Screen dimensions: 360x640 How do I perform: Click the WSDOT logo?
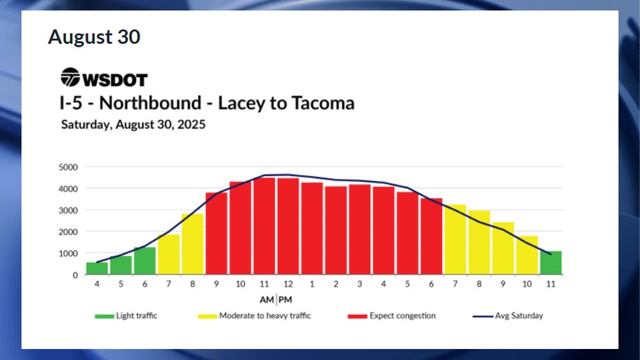(x=104, y=78)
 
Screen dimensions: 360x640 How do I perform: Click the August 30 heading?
(x=93, y=37)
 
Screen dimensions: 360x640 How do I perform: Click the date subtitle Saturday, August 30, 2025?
(x=133, y=125)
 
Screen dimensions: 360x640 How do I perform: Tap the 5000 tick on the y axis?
(x=69, y=167)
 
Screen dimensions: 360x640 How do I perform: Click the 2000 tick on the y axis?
(x=69, y=232)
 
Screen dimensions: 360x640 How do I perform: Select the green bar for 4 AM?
(x=97, y=269)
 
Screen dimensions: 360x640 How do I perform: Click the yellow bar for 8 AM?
(x=192, y=245)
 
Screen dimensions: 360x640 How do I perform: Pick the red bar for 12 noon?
(x=288, y=227)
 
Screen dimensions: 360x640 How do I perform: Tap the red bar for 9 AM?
(x=216, y=234)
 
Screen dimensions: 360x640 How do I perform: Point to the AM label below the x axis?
(x=267, y=300)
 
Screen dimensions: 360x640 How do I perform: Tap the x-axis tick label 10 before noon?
(x=240, y=283)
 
